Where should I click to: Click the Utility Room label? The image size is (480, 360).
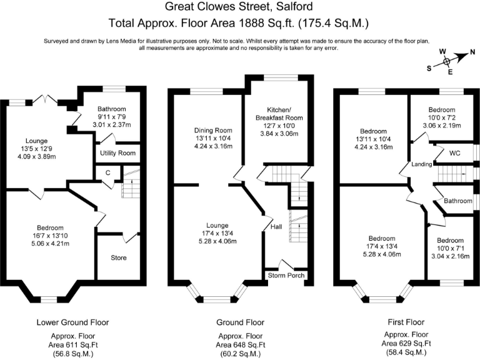pyautogui.click(x=116, y=152)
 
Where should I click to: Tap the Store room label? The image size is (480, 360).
pyautogui.click(x=119, y=257)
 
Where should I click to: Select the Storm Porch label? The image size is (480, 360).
pyautogui.click(x=286, y=275)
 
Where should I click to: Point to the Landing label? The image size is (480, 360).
pyautogui.click(x=422, y=164)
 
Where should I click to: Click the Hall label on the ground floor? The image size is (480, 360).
pyautogui.click(x=275, y=227)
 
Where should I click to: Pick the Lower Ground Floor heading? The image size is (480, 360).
pyautogui.click(x=72, y=322)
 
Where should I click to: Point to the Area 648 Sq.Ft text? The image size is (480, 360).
pyautogui.click(x=239, y=344)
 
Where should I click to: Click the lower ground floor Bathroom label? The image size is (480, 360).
pyautogui.click(x=112, y=109)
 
